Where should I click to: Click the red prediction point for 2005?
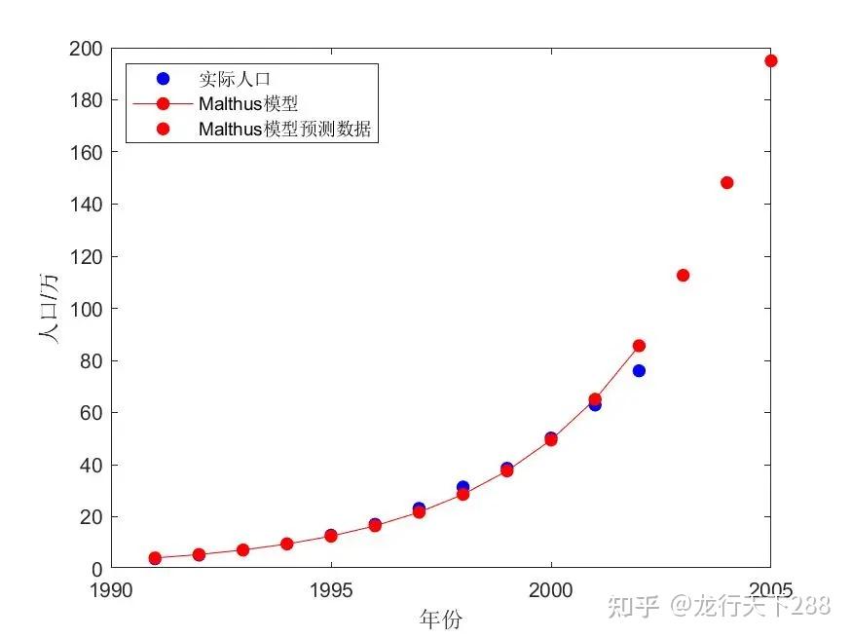[770, 60]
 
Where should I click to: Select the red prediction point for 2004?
[726, 183]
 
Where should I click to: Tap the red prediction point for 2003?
[683, 276]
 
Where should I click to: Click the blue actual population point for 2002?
[639, 370]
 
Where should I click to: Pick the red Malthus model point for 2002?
[639, 346]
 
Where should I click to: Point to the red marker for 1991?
[155, 558]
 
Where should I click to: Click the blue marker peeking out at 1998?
[463, 486]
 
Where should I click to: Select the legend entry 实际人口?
[227, 79]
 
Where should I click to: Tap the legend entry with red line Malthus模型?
[248, 103]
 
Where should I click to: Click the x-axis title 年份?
[440, 619]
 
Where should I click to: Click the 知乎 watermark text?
[631, 606]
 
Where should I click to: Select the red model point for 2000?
[551, 439]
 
